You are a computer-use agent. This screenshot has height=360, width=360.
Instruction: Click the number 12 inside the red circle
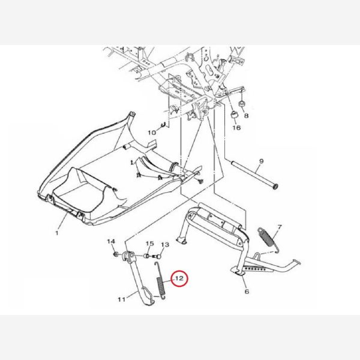[x=179, y=278]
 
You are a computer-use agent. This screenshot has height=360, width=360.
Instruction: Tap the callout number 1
[x=57, y=233]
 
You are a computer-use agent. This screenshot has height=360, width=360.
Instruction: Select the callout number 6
[x=247, y=292]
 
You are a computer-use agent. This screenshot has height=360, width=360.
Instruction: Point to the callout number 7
[x=280, y=227]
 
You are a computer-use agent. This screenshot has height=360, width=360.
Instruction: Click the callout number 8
[x=246, y=115]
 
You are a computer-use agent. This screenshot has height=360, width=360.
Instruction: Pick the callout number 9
[x=261, y=161]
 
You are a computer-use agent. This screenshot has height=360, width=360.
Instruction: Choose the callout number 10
[x=152, y=133]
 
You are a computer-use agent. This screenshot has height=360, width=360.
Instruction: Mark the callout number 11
[x=121, y=299]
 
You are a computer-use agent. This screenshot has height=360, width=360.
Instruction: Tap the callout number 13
[x=165, y=245]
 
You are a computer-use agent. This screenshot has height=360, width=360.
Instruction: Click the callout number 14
[x=111, y=241]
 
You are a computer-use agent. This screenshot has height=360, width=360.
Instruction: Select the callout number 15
[x=150, y=244]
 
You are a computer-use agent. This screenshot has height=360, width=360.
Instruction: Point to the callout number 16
[x=237, y=127]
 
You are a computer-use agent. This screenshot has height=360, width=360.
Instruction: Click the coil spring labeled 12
[x=161, y=281]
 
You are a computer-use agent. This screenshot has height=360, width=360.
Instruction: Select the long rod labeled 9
[x=254, y=175]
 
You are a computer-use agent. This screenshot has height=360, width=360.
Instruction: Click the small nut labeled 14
[x=116, y=254]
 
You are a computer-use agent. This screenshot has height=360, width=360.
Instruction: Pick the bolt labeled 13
[x=157, y=256]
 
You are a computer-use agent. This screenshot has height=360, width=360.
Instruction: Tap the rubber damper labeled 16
[x=234, y=114]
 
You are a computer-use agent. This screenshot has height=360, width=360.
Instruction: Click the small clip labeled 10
[x=164, y=125]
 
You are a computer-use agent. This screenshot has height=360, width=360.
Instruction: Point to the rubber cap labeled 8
[x=242, y=104]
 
